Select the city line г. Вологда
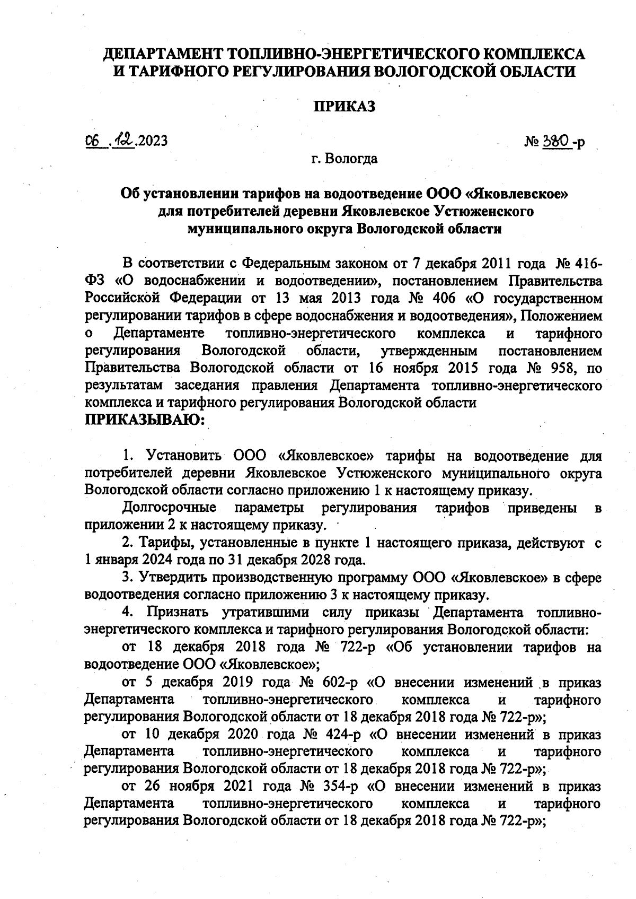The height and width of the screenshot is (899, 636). coord(344,159)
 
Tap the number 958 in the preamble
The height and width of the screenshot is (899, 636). coord(563,368)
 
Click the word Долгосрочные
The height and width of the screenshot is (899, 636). coord(169,508)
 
